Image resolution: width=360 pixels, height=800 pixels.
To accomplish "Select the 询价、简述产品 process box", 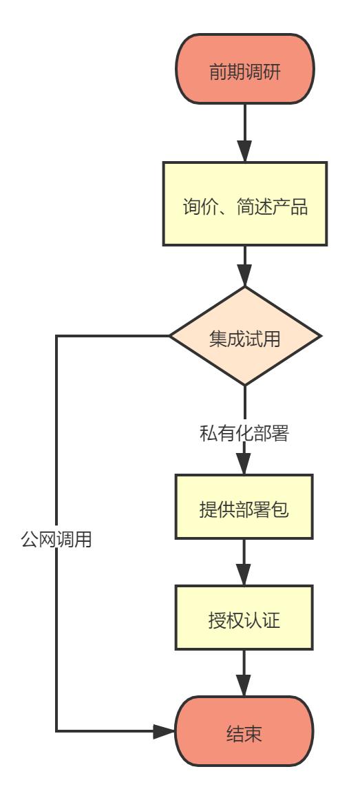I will point(245,204).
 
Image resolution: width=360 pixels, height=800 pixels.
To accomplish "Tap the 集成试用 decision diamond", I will point(245,336).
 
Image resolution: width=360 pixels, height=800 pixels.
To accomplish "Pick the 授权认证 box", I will point(245,618).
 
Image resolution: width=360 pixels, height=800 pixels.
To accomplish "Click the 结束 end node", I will point(245,730).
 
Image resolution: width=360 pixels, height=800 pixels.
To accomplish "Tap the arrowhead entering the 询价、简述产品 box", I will point(245,152).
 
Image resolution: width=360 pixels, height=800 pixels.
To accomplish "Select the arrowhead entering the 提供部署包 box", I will point(245,465).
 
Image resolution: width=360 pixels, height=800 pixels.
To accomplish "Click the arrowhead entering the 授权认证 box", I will point(245,576).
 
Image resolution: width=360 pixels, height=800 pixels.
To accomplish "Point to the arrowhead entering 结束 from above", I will point(245,687).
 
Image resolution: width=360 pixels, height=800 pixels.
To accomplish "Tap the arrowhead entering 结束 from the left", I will point(165,730).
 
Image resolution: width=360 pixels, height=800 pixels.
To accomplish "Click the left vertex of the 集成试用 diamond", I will point(170,336).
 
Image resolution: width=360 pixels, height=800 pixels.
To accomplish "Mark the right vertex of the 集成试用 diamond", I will point(321,336).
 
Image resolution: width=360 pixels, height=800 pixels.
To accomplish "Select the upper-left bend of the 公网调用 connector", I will point(56,336).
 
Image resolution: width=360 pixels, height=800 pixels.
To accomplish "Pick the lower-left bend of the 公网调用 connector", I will point(56,730).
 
